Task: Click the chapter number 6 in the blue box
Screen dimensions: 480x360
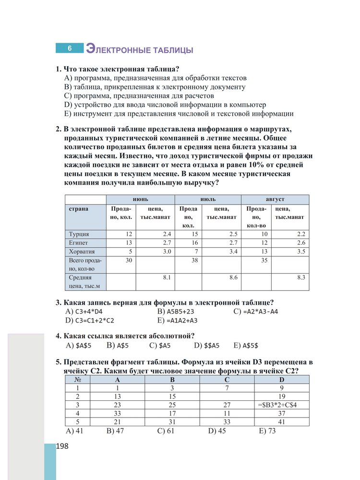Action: [70, 48]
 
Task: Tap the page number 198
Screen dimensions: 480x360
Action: [62, 446]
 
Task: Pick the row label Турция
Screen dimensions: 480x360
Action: [79, 234]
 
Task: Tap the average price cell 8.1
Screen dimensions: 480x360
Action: [165, 277]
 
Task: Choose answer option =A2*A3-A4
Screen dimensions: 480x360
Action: [261, 311]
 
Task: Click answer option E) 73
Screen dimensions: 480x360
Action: [267, 431]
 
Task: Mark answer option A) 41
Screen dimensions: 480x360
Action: [73, 431]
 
